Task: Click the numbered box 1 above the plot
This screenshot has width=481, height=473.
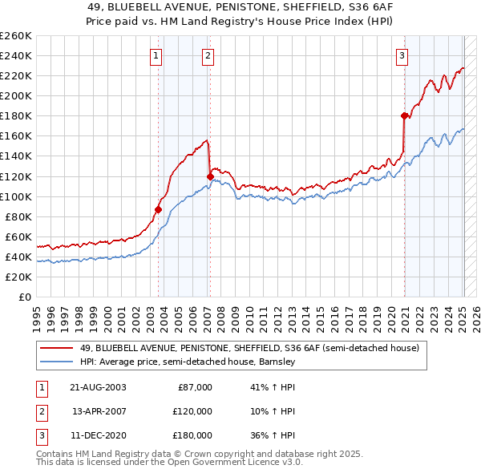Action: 155,55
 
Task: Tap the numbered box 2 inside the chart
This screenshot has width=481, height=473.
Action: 208,55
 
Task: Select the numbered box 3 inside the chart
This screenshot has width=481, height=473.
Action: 402,55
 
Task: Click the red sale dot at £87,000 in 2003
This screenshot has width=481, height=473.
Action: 158,209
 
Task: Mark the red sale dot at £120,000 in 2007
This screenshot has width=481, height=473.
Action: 210,176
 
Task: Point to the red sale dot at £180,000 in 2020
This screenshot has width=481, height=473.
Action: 404,115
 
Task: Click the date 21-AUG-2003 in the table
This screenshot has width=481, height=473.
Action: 99,387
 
